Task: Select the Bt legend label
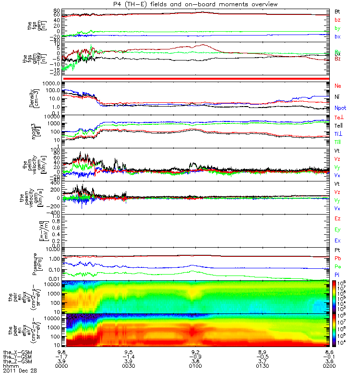(x=337, y=11)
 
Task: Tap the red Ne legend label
(x=338, y=85)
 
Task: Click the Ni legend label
(x=337, y=96)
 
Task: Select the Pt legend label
(x=337, y=251)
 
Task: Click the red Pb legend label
(x=337, y=259)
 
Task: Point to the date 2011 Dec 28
(x=19, y=371)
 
